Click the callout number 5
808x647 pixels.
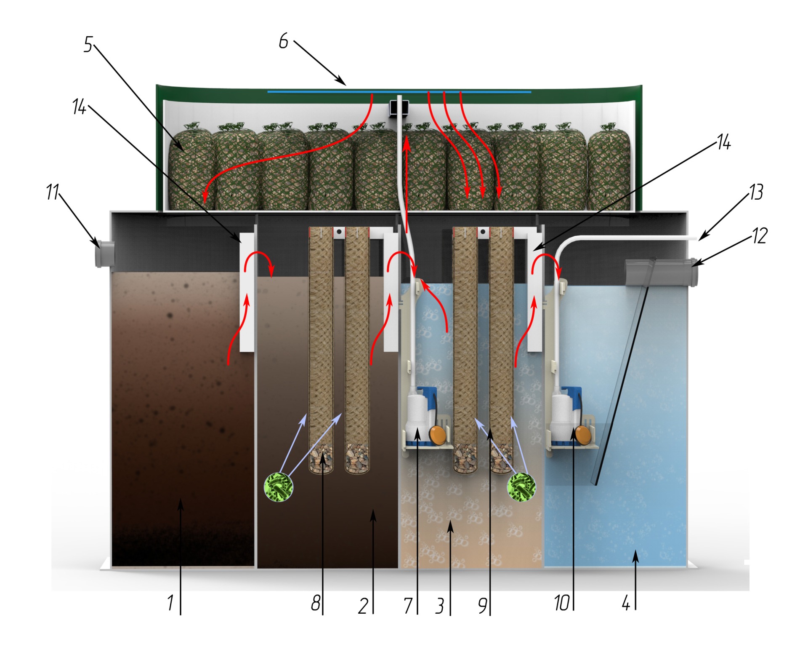pos(88,45)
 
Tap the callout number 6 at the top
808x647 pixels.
pos(284,41)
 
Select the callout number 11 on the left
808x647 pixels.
pos(53,192)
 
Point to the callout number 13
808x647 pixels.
pos(756,192)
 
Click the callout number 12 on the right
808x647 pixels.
pos(760,236)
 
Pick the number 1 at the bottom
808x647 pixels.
pos(170,603)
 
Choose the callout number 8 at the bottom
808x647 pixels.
pos(316,603)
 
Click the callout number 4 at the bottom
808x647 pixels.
pos(626,603)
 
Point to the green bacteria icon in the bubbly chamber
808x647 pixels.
pos(522,487)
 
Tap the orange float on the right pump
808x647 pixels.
pos(582,434)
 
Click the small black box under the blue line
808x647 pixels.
pos(398,108)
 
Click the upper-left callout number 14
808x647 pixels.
pos(79,107)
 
